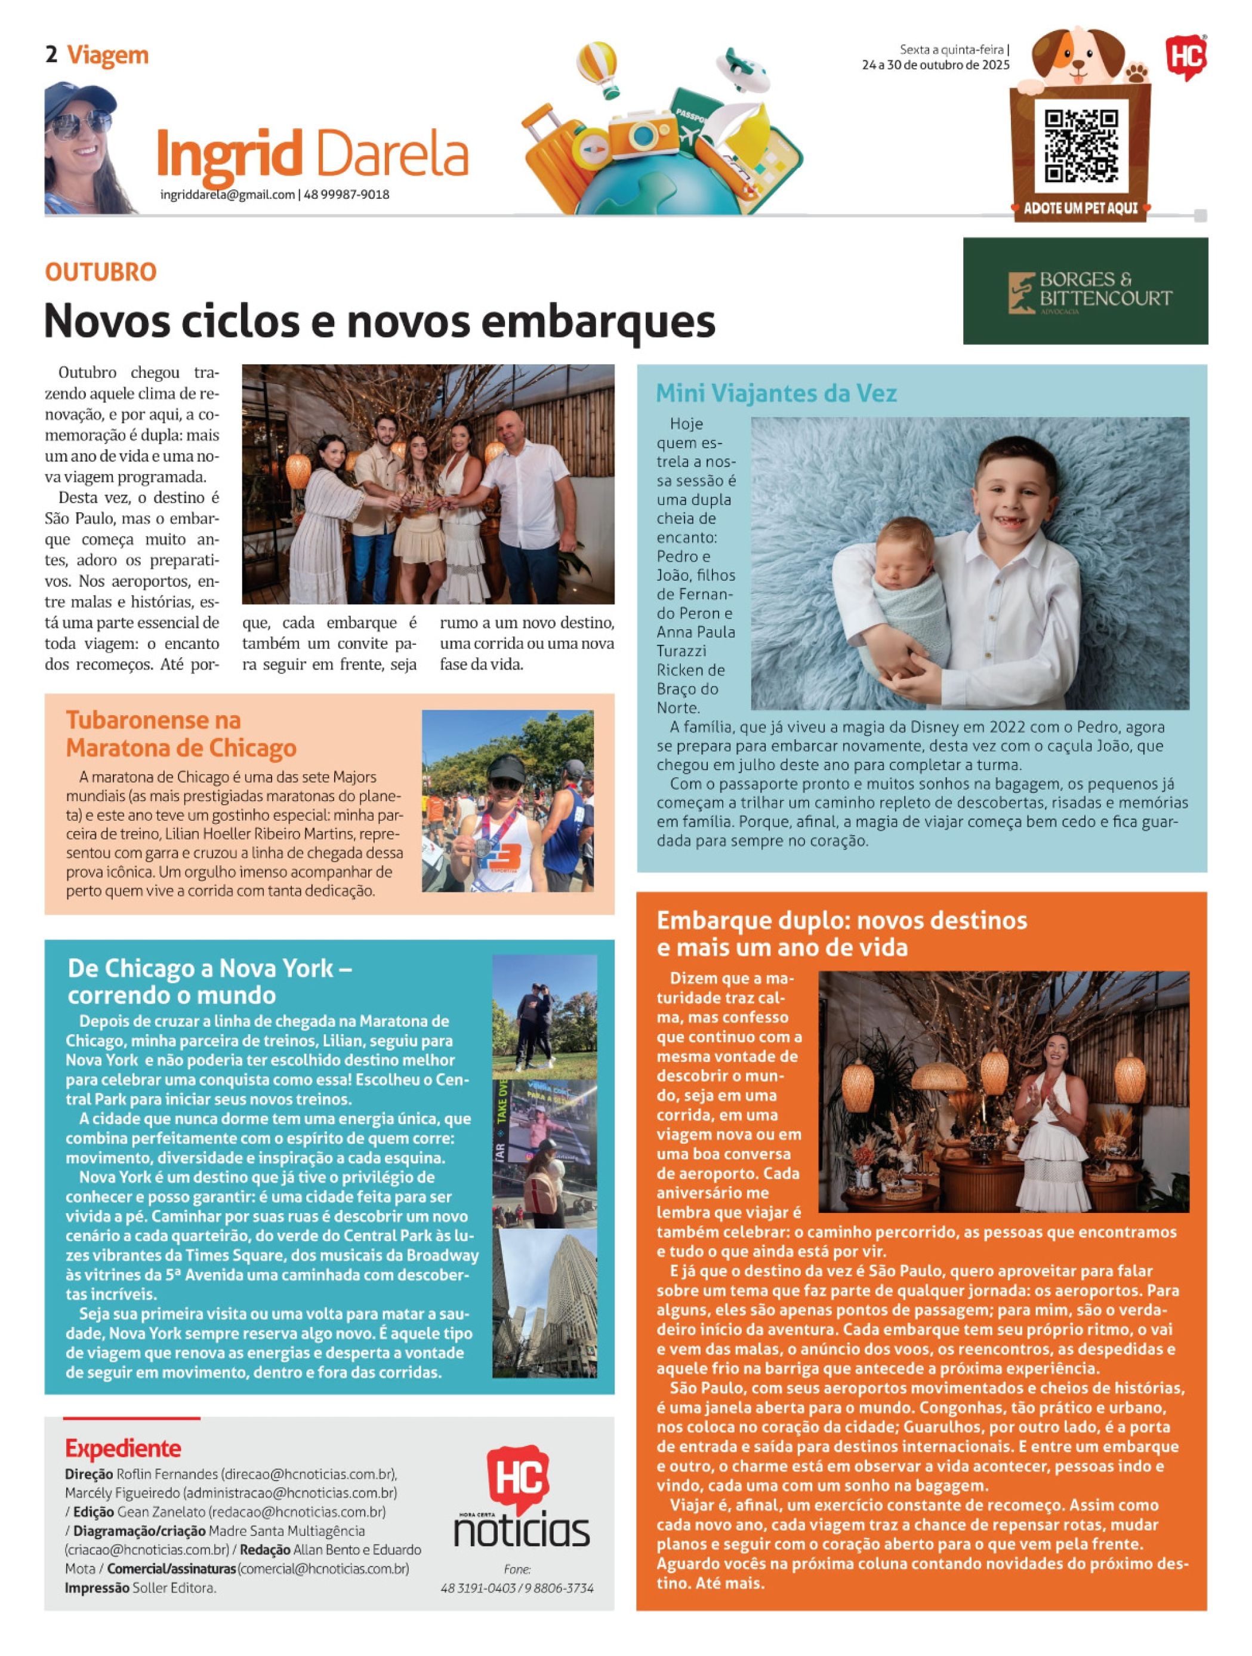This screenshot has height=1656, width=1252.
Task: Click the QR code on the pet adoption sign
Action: [1081, 147]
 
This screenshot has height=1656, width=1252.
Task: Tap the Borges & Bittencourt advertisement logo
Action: [1085, 291]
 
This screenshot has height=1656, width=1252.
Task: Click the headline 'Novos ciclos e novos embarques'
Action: [380, 321]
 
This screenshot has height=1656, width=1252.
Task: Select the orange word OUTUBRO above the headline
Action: [100, 272]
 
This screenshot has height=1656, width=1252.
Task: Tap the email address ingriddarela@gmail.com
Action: [227, 195]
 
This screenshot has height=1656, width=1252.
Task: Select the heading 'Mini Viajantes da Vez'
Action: [775, 393]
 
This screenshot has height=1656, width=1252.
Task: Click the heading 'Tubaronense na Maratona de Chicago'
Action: [181, 734]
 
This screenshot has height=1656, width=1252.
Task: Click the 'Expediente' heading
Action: [123, 1447]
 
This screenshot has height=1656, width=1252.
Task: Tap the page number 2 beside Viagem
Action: [51, 55]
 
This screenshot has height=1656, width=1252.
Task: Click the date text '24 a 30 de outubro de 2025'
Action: [936, 65]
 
